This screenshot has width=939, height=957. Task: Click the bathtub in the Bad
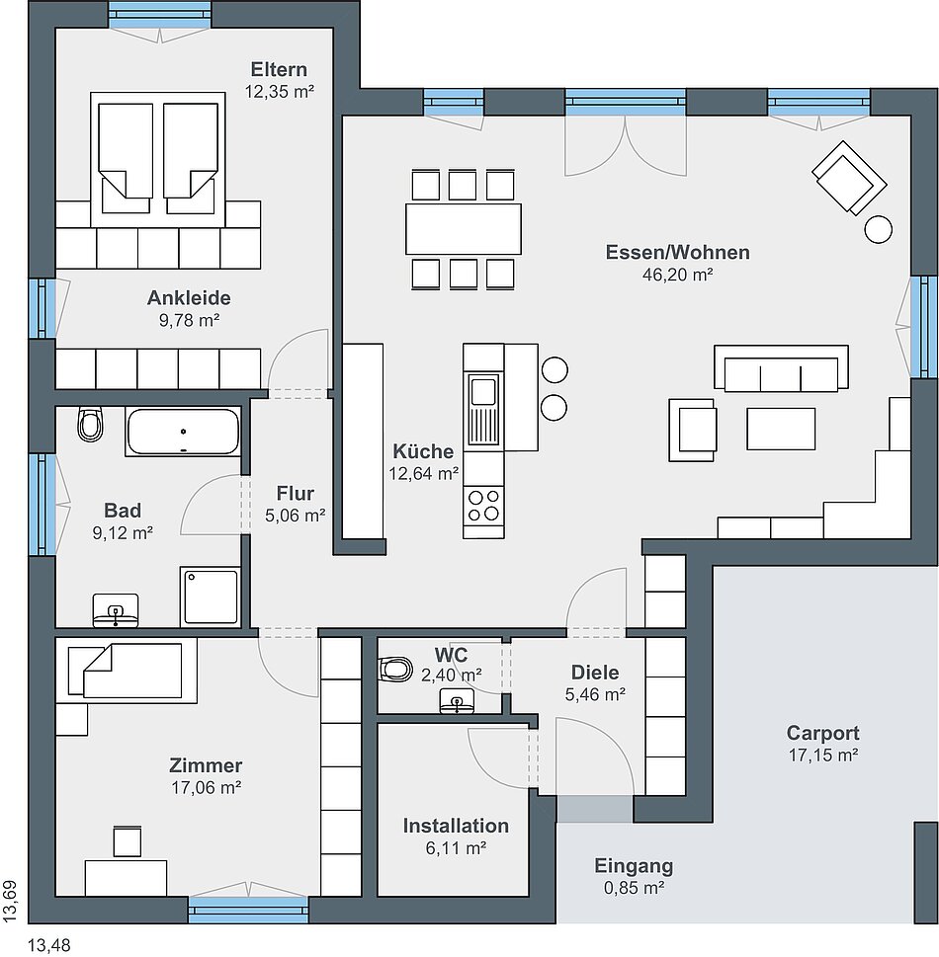(183, 432)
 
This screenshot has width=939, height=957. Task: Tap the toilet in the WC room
(395, 669)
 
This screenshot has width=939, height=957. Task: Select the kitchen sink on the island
(483, 409)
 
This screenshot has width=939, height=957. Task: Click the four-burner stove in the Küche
(483, 505)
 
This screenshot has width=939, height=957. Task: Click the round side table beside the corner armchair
(879, 229)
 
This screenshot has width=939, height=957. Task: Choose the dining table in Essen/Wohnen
(464, 229)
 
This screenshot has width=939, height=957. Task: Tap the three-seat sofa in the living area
(781, 367)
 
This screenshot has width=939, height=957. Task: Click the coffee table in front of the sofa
(780, 429)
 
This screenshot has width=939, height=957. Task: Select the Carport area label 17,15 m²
(823, 755)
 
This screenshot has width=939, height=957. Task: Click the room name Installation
(456, 826)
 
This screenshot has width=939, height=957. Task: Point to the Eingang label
(634, 865)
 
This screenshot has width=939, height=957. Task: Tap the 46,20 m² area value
(677, 274)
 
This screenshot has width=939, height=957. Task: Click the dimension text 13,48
(48, 945)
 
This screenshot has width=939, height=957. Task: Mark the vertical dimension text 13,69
(11, 901)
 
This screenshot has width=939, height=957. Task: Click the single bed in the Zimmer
(126, 671)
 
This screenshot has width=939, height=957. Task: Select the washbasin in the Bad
(116, 610)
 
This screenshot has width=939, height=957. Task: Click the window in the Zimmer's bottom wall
(248, 910)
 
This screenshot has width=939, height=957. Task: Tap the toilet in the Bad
(90, 424)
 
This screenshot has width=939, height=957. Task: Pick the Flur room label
(296, 493)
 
